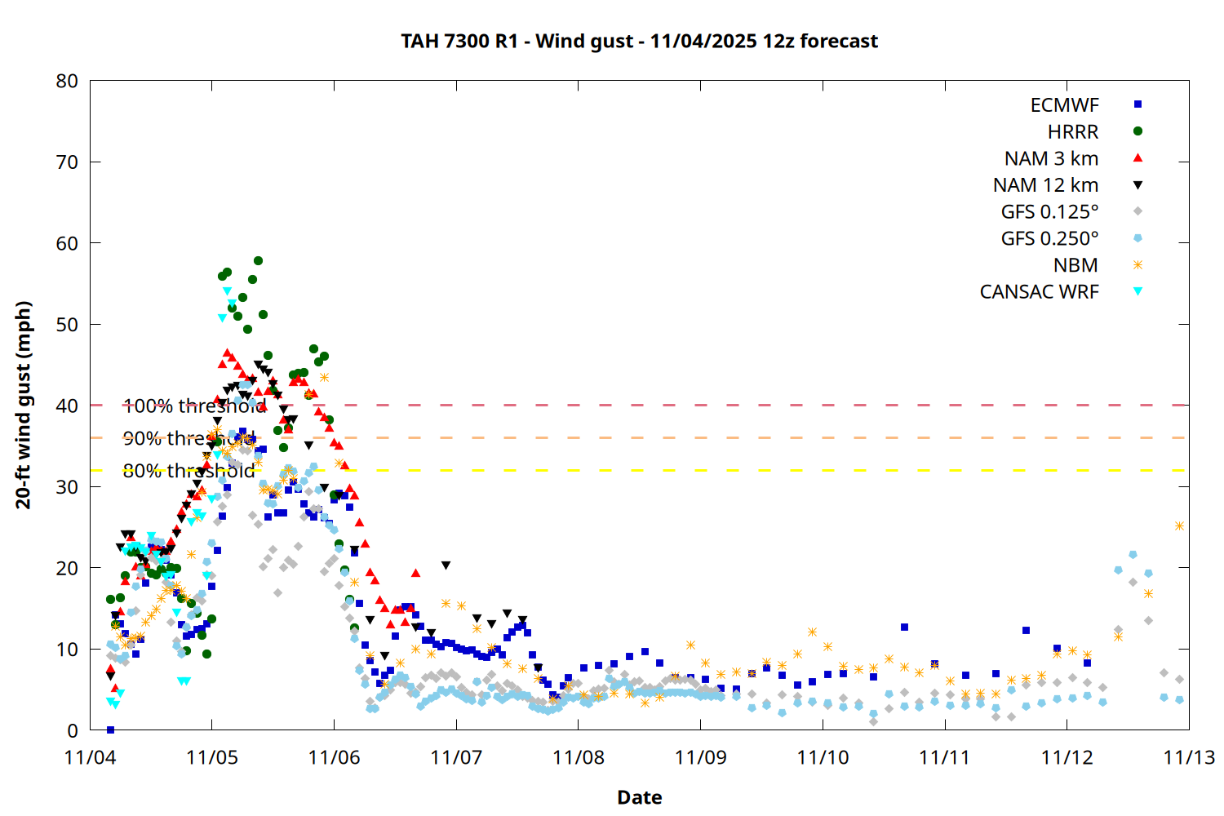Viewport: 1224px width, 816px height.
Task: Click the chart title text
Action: (x=639, y=41)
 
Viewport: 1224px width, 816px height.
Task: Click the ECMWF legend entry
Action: (x=1064, y=105)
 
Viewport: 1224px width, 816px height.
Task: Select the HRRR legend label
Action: (x=1073, y=132)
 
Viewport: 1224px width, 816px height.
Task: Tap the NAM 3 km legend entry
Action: (x=1051, y=158)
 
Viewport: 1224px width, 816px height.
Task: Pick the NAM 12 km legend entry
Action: (x=1045, y=185)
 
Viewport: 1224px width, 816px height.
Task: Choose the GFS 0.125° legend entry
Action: (x=1049, y=212)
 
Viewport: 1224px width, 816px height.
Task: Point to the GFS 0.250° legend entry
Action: (x=1049, y=238)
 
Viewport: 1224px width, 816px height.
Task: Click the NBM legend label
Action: (x=1075, y=265)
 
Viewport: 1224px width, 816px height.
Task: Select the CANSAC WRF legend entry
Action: (x=1039, y=292)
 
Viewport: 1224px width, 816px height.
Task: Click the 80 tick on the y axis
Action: (x=68, y=81)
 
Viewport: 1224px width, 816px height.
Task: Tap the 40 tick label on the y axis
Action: (x=68, y=406)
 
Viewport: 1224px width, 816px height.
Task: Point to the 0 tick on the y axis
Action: (x=73, y=730)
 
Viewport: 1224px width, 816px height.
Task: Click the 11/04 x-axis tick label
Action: (x=90, y=757)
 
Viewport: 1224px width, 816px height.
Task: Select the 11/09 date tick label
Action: (x=700, y=757)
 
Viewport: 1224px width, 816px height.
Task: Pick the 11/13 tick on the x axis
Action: (x=1189, y=757)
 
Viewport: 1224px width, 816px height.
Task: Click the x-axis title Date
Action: (x=639, y=797)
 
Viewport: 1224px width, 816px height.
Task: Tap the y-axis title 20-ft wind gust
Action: (x=24, y=405)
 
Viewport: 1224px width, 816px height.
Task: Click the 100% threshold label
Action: (x=194, y=406)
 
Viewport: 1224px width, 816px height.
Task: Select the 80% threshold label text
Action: (x=188, y=471)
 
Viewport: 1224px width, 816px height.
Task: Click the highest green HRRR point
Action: (x=258, y=261)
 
